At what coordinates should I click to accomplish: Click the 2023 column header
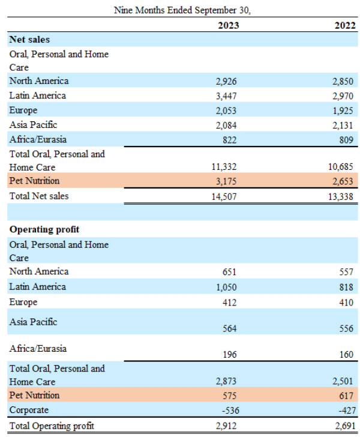(228, 25)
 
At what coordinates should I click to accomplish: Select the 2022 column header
(345, 25)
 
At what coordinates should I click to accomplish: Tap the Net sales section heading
(29, 39)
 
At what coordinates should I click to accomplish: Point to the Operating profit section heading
(44, 229)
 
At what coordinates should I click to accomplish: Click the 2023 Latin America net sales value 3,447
(226, 96)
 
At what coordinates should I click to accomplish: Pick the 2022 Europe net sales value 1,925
(343, 111)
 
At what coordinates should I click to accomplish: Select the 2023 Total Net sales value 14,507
(224, 197)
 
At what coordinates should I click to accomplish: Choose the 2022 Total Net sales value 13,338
(340, 197)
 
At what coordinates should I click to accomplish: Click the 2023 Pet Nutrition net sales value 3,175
(226, 181)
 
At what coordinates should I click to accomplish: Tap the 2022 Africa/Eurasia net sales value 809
(346, 140)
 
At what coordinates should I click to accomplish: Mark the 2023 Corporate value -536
(230, 411)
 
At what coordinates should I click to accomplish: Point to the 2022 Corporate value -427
(347, 411)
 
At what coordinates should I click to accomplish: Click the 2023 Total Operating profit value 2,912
(226, 426)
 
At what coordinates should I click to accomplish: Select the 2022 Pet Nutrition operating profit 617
(346, 396)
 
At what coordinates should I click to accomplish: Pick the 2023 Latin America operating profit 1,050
(226, 288)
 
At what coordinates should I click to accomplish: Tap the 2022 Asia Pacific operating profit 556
(346, 328)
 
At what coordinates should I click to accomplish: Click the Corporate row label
(29, 410)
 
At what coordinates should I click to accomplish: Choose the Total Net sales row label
(39, 196)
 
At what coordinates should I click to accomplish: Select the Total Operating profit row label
(52, 426)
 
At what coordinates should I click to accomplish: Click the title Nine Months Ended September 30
(182, 10)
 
